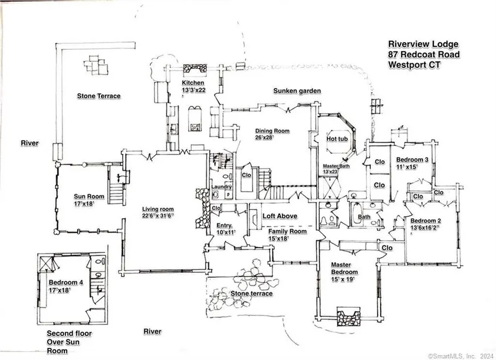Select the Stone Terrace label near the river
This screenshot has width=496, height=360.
(x=99, y=96)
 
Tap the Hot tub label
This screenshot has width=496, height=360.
(x=336, y=139)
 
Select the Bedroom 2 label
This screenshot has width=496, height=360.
(x=425, y=221)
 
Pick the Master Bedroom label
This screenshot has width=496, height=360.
(x=344, y=269)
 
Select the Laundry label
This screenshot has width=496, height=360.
(x=222, y=187)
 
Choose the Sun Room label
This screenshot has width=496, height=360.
(x=89, y=197)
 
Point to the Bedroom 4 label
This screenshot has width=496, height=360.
(x=63, y=281)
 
